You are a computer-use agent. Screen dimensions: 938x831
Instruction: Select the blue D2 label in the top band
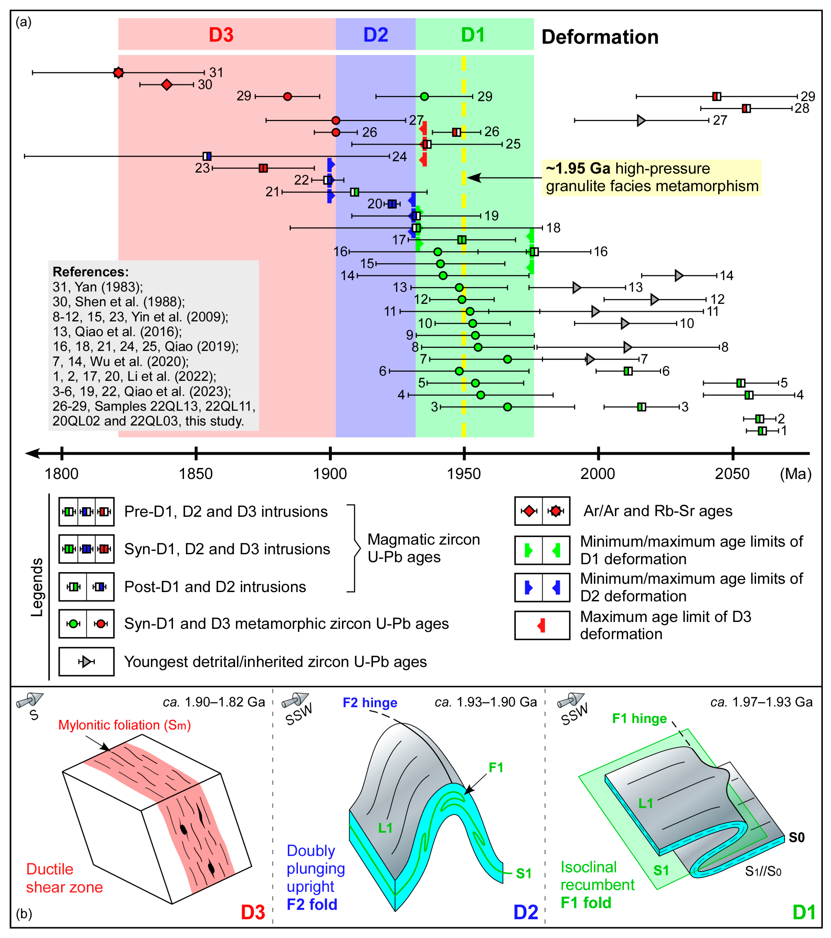pyautogui.click(x=376, y=35)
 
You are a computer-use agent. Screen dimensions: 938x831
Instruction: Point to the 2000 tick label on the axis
pyautogui.click(x=598, y=474)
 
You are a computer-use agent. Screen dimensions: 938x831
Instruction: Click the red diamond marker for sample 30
pyautogui.click(x=167, y=84)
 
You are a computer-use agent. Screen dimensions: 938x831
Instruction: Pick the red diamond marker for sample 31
pyautogui.click(x=119, y=72)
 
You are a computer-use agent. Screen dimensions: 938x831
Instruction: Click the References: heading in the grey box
pyautogui.click(x=90, y=272)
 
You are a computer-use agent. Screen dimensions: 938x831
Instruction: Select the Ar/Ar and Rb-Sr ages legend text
pyautogui.click(x=657, y=511)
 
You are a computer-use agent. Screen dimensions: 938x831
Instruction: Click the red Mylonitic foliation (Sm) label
pyautogui.click(x=124, y=725)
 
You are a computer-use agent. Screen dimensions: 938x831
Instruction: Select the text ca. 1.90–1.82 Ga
pyautogui.click(x=214, y=702)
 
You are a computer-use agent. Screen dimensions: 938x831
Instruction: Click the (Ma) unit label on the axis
pyautogui.click(x=796, y=474)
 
